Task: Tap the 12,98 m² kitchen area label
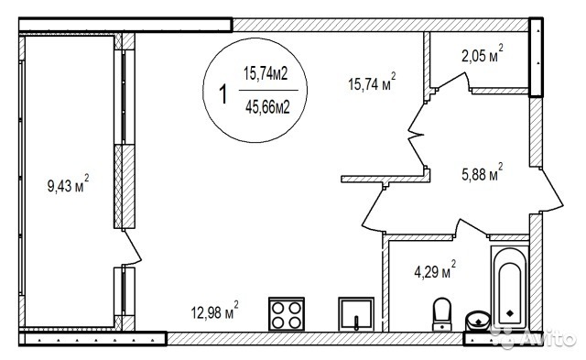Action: tap(214, 311)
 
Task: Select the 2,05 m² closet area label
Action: tap(483, 53)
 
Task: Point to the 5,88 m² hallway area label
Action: tap(483, 172)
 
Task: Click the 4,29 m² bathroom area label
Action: tap(435, 269)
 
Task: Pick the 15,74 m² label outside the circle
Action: tap(372, 82)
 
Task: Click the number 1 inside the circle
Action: tap(223, 93)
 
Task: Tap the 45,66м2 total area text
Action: tap(267, 108)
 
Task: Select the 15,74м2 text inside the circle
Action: tap(266, 73)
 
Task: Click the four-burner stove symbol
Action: tap(287, 314)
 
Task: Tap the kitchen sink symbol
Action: tap(356, 314)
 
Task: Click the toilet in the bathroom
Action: tap(441, 314)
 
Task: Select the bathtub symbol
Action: tap(510, 288)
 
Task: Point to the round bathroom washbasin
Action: tap(478, 321)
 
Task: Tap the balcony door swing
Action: tap(132, 247)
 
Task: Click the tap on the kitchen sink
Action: tap(356, 322)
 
